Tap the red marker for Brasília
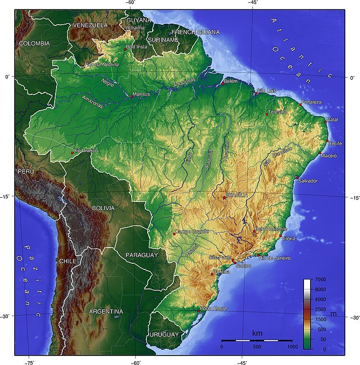(224, 198)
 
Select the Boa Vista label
(137, 47)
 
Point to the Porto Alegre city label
(214, 308)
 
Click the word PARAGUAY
(142, 255)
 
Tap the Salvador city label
(308, 181)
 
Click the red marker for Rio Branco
(72, 153)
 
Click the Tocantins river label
(227, 152)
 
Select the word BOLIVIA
(103, 208)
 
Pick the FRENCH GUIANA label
(196, 32)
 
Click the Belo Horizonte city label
(271, 229)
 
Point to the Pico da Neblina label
(102, 64)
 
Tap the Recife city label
(335, 144)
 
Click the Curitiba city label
(222, 272)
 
